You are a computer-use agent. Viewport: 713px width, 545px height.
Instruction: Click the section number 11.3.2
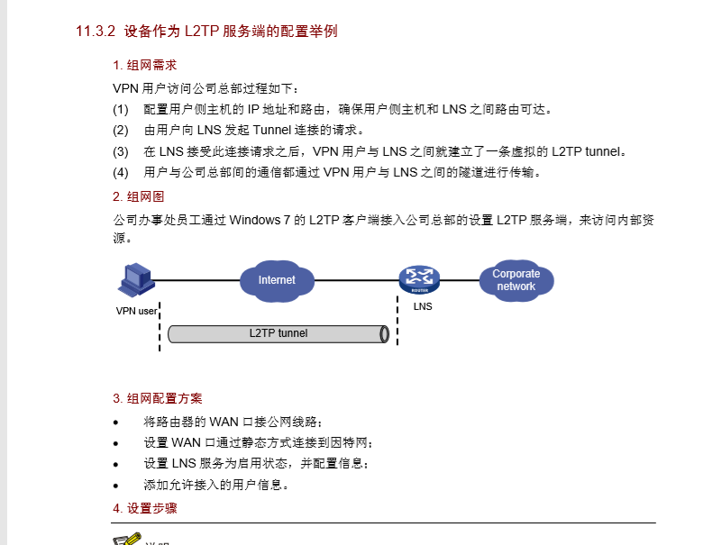click(x=96, y=32)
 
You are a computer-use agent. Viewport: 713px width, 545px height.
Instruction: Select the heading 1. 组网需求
click(x=144, y=66)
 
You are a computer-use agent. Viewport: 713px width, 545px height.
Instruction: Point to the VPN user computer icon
click(x=136, y=280)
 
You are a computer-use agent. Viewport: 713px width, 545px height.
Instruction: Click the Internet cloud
click(x=277, y=280)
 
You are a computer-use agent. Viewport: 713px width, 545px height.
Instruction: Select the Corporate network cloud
click(x=516, y=280)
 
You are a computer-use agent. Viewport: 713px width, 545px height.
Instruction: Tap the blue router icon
click(x=418, y=278)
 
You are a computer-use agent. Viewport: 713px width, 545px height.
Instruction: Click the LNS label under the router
click(x=423, y=306)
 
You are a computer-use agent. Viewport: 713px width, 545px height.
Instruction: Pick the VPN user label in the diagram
click(x=136, y=312)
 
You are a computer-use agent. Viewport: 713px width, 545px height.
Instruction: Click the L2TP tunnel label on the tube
click(x=279, y=333)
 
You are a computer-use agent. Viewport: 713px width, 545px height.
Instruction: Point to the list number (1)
click(x=121, y=110)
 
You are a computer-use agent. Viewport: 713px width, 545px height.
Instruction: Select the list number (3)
click(x=121, y=151)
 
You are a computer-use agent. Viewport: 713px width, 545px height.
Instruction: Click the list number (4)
click(x=121, y=172)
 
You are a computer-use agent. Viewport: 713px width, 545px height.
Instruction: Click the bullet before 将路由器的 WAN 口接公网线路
click(x=115, y=422)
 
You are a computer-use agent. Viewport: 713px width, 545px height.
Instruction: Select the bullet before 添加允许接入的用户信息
click(x=115, y=485)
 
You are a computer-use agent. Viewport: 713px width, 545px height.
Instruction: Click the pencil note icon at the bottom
click(x=127, y=540)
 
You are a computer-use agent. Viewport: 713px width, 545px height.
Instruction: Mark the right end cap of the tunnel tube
click(x=385, y=333)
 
